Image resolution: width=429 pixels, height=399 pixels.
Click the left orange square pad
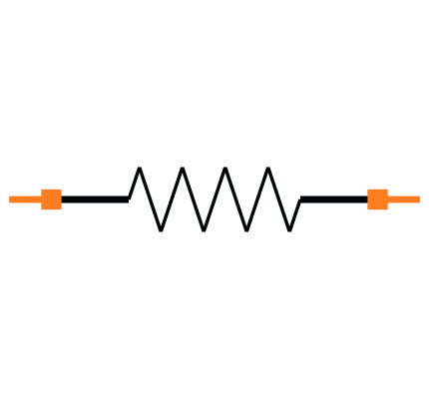click(51, 199)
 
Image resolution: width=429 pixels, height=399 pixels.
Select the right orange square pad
click(377, 199)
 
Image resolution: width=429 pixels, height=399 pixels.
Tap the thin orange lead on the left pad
click(25, 199)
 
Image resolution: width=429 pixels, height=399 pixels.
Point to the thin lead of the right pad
click(404, 199)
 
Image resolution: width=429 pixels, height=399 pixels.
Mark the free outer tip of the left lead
click(10, 199)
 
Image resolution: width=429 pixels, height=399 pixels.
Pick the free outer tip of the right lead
click(419, 199)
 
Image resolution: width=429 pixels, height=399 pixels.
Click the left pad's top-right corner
click(61, 190)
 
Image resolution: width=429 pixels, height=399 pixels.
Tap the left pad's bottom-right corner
click(61, 209)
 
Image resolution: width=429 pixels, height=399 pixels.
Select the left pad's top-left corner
click(41, 190)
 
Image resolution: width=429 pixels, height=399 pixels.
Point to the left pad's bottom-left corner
click(41, 209)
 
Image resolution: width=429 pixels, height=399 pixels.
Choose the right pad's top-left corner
click(367, 190)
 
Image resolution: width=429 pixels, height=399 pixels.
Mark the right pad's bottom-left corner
click(367, 209)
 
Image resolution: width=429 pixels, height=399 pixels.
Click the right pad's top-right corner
click(387, 190)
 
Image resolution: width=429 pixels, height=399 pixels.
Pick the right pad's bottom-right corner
click(387, 209)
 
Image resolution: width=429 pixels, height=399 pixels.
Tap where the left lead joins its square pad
click(41, 199)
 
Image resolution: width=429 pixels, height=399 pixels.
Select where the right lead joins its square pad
click(387, 199)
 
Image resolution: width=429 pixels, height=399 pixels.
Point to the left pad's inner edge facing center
click(61, 199)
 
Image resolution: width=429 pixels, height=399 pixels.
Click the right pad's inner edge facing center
click(367, 199)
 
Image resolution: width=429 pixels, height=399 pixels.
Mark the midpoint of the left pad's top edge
click(51, 190)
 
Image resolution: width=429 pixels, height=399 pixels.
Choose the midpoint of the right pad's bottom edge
click(377, 209)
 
